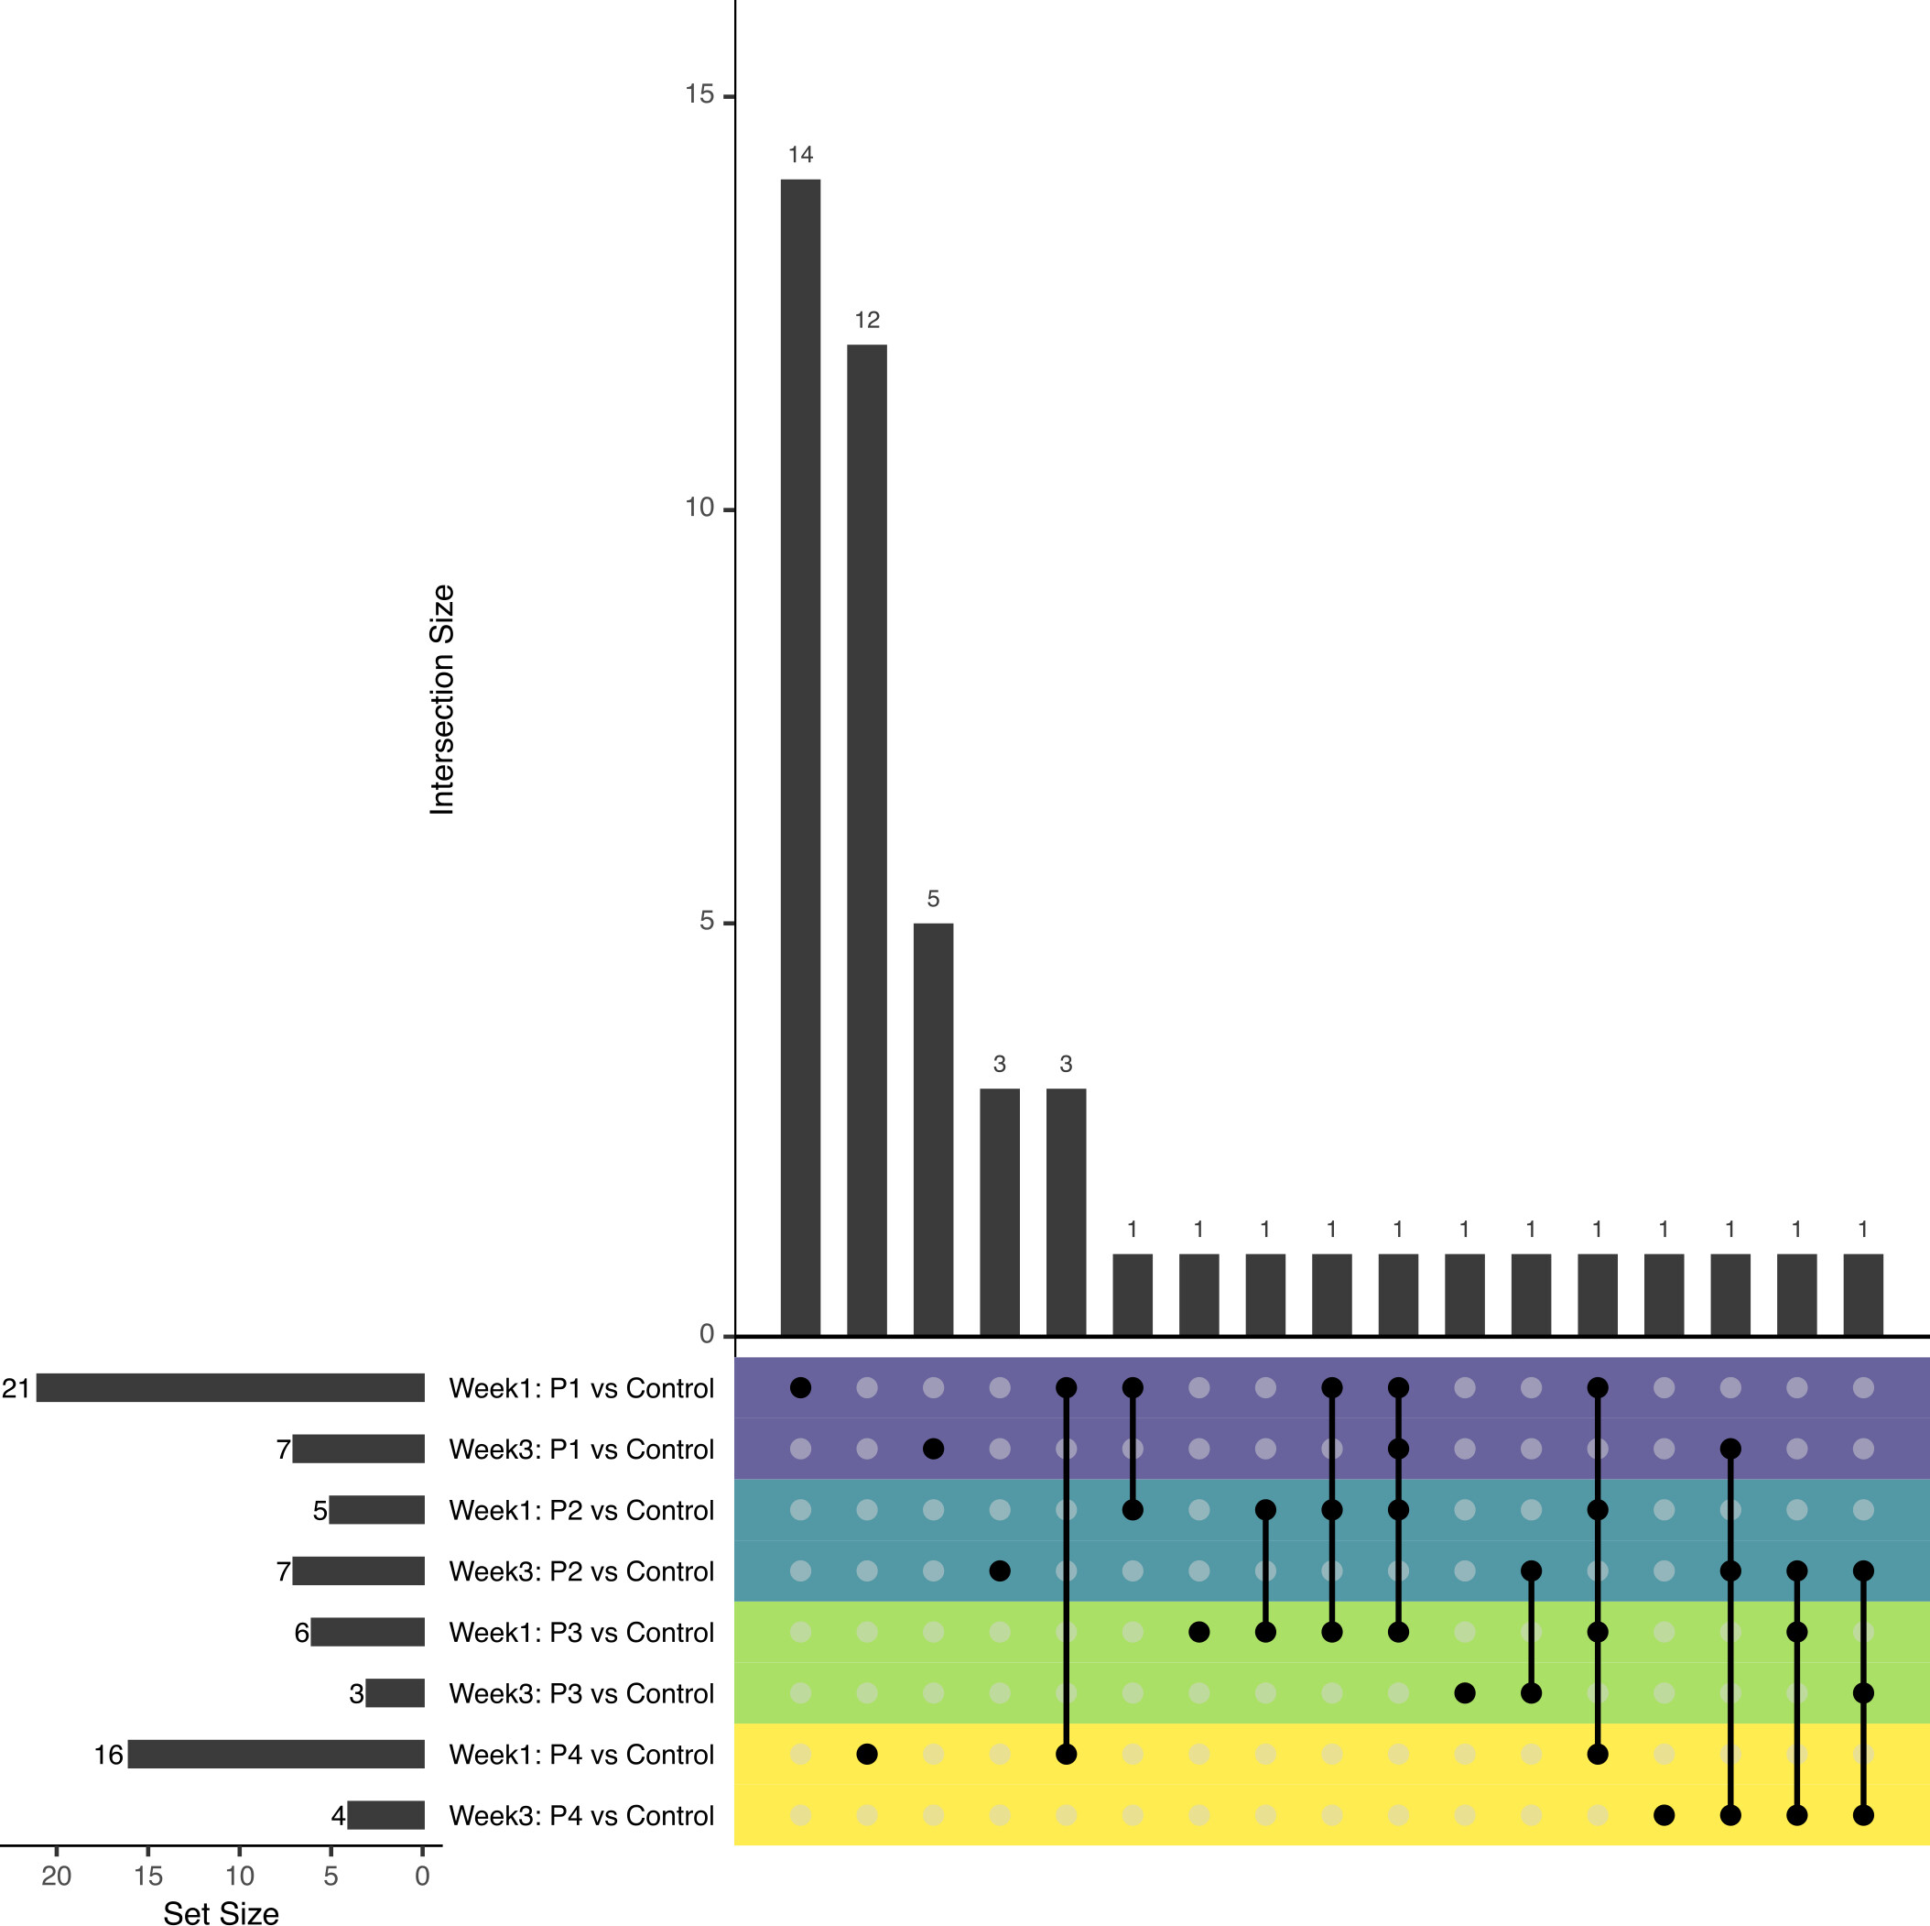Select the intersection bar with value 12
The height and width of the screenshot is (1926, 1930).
866,839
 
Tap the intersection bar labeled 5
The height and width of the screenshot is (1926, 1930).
933,1129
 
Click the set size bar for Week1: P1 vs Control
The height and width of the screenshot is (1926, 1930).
230,1387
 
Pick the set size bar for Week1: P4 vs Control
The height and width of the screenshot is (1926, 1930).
276,1754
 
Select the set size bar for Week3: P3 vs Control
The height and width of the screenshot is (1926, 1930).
395,1693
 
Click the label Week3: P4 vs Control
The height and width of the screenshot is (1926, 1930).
581,1816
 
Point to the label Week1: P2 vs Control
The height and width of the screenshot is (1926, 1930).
581,1510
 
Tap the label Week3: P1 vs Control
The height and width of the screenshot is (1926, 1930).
581,1450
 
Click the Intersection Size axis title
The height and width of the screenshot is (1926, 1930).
441,700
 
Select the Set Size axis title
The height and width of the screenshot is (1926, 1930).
221,1912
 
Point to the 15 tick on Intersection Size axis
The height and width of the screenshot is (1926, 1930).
699,95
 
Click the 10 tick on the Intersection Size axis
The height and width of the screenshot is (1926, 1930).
699,509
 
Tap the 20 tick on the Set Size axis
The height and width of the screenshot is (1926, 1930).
57,1875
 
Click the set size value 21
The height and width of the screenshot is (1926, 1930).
16,1388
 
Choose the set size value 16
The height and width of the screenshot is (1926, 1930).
108,1755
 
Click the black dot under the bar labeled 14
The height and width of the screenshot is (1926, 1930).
800,1387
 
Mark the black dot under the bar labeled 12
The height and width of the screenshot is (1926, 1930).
867,1754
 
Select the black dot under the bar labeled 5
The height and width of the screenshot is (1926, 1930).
933,1449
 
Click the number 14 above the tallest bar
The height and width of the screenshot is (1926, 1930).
800,155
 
